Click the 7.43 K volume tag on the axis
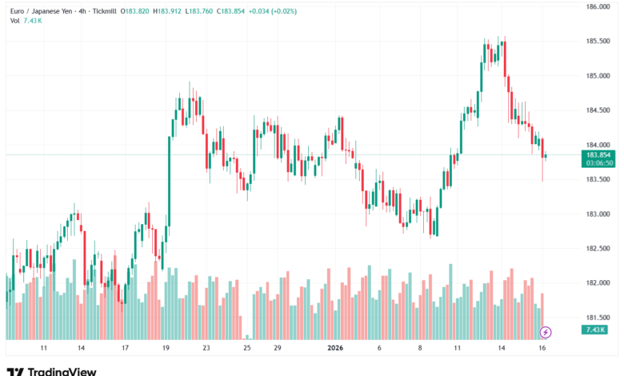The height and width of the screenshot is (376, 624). [595, 330]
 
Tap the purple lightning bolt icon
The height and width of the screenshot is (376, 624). [546, 331]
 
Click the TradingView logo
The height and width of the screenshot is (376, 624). [51, 370]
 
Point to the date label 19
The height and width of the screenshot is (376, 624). [166, 349]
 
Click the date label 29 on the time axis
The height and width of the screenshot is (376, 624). [277, 349]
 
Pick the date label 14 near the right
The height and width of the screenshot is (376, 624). [501, 349]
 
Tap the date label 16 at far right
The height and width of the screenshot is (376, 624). [542, 349]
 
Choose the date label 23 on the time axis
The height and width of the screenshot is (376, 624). [206, 349]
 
